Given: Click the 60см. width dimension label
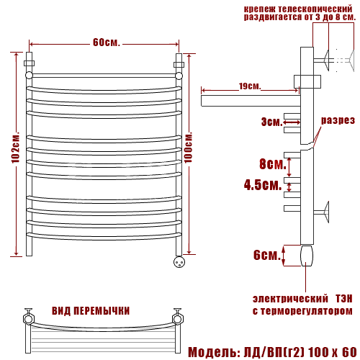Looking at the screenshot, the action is click(x=106, y=42).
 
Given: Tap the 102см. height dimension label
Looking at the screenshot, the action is click(x=16, y=148).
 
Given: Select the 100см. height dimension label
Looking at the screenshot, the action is click(x=189, y=147).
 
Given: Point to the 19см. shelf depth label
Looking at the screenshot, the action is click(x=250, y=86).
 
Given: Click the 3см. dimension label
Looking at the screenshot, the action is click(x=271, y=122).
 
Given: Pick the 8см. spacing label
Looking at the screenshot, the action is click(x=273, y=164).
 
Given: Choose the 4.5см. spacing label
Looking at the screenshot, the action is click(x=263, y=185).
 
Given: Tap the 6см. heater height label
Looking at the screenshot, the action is click(x=267, y=255).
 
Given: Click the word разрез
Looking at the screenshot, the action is click(x=338, y=120).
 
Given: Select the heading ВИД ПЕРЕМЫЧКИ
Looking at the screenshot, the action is click(x=91, y=311).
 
